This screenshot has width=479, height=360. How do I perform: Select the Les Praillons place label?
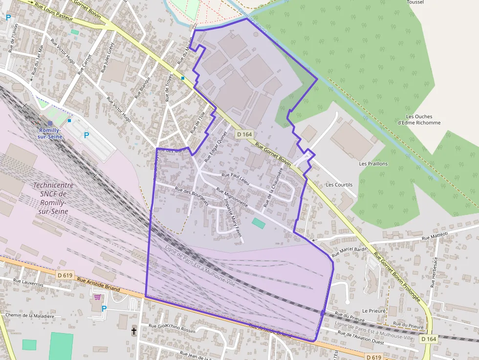coord(373,164)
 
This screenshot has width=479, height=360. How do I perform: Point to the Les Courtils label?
coord(339,185)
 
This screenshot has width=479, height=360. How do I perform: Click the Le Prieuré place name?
coord(374,311)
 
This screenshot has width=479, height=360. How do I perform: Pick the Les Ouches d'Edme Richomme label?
coord(419,120)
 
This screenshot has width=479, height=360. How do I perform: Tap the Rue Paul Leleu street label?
coord(236,178)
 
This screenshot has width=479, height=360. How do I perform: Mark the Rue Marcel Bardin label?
coord(349,252)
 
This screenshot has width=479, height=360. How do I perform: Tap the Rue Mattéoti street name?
coord(435,235)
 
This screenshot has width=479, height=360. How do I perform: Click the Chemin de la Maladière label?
coord(29,316)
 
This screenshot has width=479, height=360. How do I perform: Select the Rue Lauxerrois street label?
coord(28,282)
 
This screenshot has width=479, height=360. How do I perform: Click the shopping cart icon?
coord(97,296)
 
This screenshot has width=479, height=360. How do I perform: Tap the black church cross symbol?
coord(134,331)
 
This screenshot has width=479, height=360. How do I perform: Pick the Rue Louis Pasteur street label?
coord(54,12)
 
